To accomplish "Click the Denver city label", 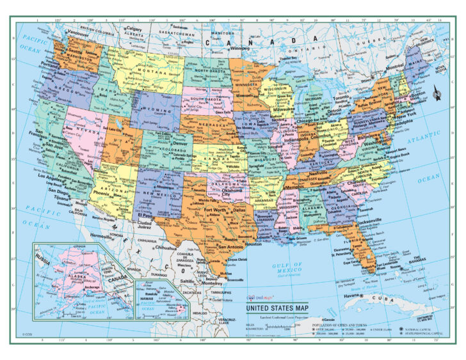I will click(163, 144).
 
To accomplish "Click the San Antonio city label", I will click(230, 246).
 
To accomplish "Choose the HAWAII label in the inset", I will click(147, 288).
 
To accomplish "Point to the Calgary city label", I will click(134, 29).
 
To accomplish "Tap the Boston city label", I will click(418, 95).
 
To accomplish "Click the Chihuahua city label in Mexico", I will click(165, 247).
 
